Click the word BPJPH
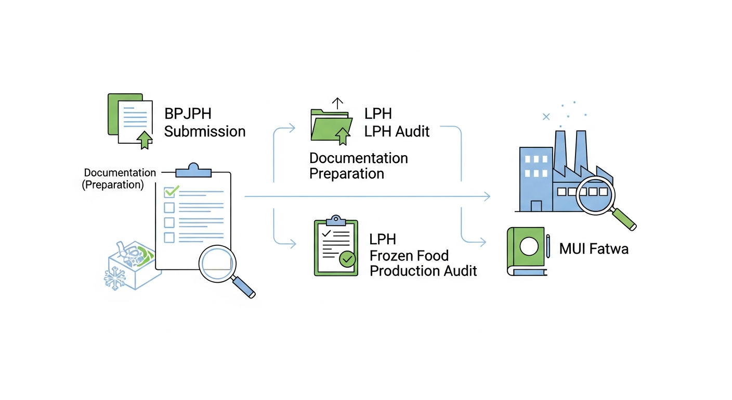188,114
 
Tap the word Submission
205,131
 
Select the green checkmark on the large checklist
171,191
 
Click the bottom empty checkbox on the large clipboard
169,238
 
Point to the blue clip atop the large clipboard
193,170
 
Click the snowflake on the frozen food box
114,278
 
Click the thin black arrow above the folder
337,103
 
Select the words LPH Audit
397,131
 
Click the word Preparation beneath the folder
347,173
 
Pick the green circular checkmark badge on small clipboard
347,259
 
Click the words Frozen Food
409,256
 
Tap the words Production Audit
423,271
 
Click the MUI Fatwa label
594,249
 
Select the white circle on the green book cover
529,246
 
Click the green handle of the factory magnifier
624,219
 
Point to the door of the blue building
536,206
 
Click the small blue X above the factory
546,117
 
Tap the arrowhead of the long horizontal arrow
487,196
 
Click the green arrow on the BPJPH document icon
145,140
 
